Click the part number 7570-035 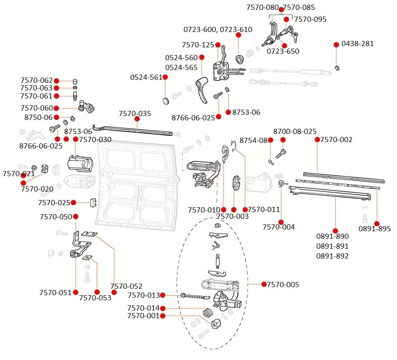(135, 113)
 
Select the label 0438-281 (358, 44)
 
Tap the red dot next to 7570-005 (264, 284)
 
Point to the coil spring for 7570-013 (195, 296)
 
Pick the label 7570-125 (198, 45)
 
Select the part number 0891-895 (374, 229)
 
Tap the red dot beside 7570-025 (73, 202)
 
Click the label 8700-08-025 (295, 131)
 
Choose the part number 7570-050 (56, 217)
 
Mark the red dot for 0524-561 (165, 77)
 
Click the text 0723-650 (283, 51)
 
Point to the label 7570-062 (36, 80)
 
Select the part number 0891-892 (332, 256)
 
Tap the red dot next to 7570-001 (162, 316)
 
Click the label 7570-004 (278, 227)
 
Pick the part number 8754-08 (253, 140)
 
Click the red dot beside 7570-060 (56, 108)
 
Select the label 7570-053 (95, 298)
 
